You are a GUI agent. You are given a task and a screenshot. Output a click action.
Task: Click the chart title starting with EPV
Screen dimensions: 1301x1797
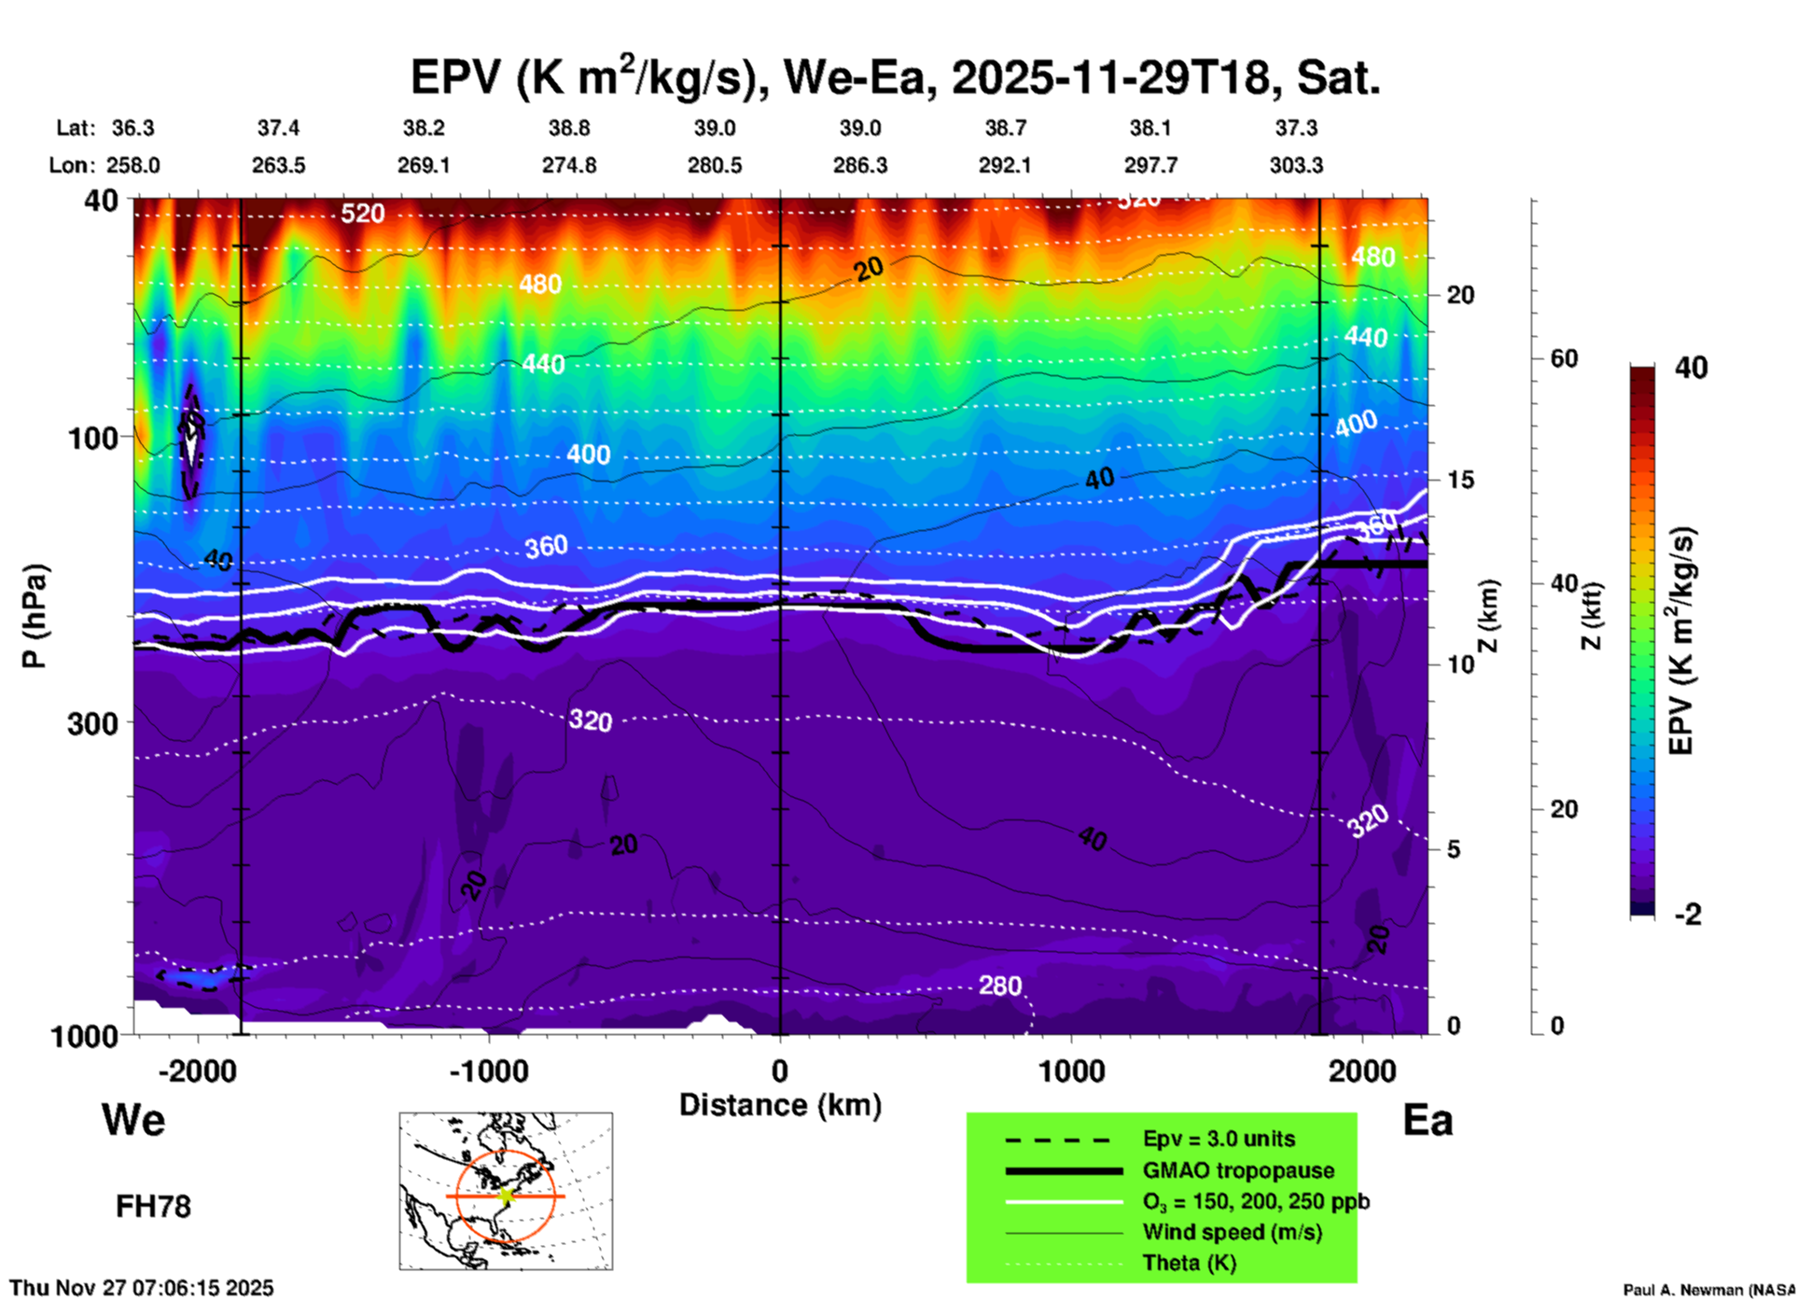(x=895, y=78)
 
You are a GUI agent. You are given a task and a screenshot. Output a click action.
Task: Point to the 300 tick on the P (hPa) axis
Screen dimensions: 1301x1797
(x=93, y=722)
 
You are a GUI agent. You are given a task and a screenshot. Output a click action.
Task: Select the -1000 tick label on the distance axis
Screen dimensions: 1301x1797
(x=489, y=1071)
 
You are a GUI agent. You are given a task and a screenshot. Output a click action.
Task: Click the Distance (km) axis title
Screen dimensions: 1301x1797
(x=780, y=1105)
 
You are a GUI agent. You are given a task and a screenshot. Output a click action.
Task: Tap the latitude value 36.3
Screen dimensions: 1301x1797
(x=132, y=128)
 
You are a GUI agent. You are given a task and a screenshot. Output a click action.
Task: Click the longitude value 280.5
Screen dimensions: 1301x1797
(x=715, y=165)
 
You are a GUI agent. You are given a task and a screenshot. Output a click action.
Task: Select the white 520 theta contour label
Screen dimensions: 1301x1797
(x=362, y=214)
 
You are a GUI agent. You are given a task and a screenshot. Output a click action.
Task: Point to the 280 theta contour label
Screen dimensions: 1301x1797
(x=1000, y=986)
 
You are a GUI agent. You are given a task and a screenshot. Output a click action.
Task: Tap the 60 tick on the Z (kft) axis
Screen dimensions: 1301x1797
(x=1565, y=358)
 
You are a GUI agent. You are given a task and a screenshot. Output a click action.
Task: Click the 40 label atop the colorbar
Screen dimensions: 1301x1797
(x=1691, y=368)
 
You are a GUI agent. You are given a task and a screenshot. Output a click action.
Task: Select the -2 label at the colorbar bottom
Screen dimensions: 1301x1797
(x=1688, y=915)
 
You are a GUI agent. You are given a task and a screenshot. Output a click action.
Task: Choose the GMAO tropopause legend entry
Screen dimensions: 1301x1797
(x=1238, y=1170)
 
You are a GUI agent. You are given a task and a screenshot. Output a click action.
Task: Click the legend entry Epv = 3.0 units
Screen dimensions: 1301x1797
(x=1219, y=1139)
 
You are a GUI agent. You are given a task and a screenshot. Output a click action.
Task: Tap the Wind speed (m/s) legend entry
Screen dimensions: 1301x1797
(x=1232, y=1232)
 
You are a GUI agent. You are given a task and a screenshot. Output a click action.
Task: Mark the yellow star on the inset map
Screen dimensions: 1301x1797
(x=506, y=1196)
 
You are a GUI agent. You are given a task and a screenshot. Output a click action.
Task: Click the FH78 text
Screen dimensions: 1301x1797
(x=153, y=1207)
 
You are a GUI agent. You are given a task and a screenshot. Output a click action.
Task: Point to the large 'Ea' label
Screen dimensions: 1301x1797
(x=1428, y=1120)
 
